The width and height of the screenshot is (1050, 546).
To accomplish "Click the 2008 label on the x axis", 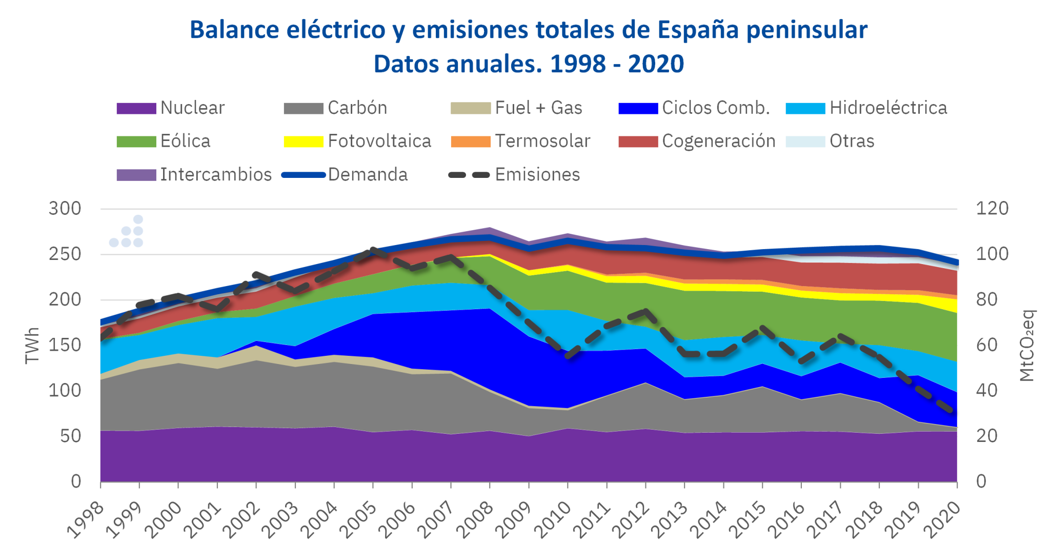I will (x=476, y=520).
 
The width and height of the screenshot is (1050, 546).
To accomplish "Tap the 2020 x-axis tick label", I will (x=942, y=520).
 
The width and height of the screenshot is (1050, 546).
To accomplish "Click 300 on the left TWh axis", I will (x=65, y=209).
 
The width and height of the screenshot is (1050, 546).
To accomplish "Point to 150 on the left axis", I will (x=65, y=345).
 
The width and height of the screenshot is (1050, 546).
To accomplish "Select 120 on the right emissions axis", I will (x=992, y=209).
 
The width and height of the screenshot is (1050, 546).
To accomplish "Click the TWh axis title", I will (x=32, y=345).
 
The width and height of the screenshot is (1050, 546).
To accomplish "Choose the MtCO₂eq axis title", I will (x=1026, y=345).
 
